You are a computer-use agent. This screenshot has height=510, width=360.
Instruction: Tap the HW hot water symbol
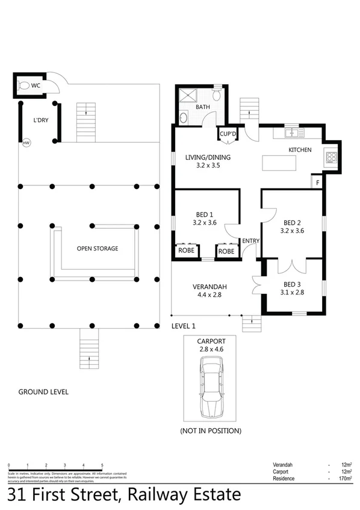point(26,143)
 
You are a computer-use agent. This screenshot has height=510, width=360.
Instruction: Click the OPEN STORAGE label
point(97,248)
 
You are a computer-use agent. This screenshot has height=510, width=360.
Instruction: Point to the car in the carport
point(212,387)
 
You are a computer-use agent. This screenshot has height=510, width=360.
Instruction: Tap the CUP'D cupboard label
point(228,134)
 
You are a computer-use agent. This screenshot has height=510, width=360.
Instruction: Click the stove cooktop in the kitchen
point(332,158)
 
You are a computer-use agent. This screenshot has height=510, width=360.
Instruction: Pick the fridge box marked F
point(317,181)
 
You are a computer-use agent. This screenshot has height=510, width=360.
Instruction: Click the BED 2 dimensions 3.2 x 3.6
point(292,229)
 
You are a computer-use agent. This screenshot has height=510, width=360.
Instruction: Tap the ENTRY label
point(250,241)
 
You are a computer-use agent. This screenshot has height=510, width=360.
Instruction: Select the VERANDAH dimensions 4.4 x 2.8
point(208,295)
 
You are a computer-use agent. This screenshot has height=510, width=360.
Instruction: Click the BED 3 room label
point(292,284)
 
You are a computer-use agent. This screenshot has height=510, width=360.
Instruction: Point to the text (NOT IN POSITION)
point(211,431)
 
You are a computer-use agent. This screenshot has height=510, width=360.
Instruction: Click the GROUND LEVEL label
point(43,392)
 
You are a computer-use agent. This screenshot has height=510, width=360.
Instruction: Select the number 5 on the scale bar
point(102,465)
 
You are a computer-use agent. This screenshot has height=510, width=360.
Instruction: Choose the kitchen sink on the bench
point(291,132)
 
